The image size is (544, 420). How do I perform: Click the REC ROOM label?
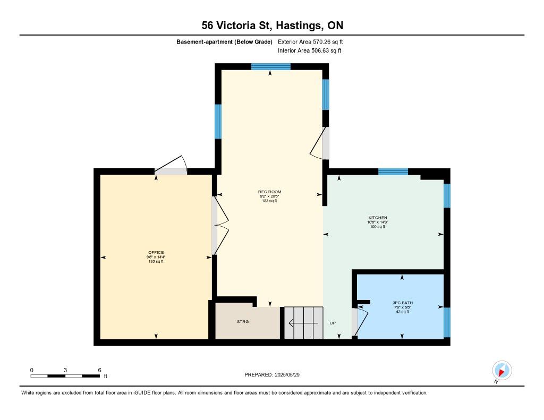[269, 192]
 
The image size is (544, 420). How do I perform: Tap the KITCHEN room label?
[378, 218]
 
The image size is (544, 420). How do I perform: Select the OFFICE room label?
[156, 253]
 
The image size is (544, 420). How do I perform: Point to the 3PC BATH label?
[403, 303]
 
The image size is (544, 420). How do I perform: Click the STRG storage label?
[243, 321]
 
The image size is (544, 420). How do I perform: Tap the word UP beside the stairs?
[333, 323]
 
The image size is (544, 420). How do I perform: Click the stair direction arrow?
[303, 323]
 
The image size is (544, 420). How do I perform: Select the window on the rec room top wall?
[270, 66]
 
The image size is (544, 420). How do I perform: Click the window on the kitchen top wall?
[393, 172]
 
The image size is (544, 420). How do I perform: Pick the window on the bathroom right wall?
[447, 322]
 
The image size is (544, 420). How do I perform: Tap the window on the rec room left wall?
[218, 122]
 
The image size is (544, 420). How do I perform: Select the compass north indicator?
[501, 371]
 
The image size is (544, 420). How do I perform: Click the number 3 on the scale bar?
[65, 370]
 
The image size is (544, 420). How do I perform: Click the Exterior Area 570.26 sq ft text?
[310, 41]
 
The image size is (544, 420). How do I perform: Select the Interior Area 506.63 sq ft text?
[310, 50]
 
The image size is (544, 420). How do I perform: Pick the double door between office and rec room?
[220, 226]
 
